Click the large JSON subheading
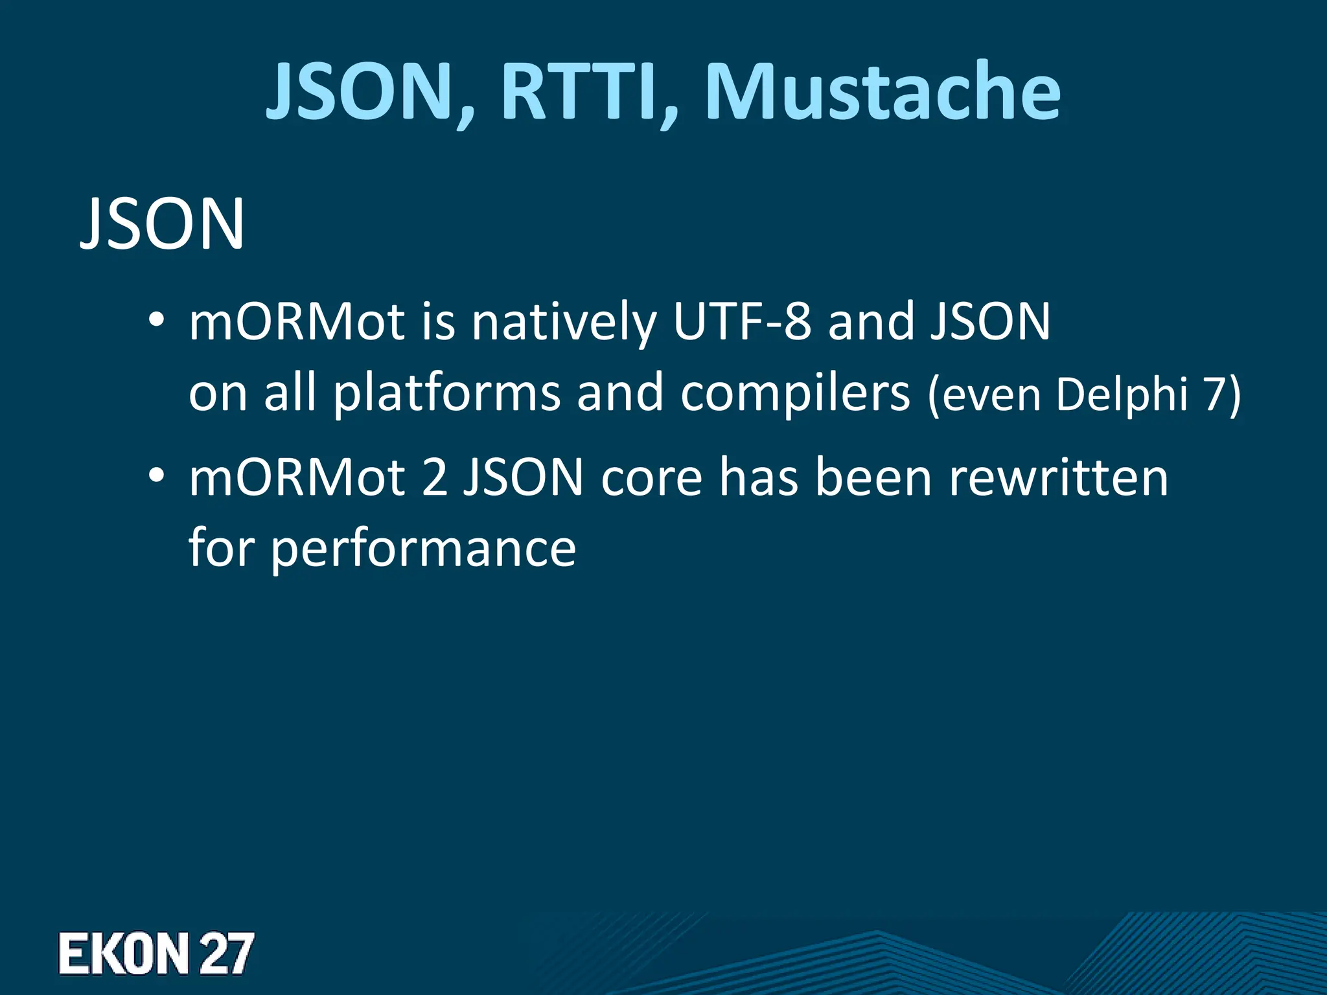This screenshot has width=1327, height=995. pyautogui.click(x=162, y=223)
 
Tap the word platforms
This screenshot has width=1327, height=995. pyautogui.click(x=447, y=393)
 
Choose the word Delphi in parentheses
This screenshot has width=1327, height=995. pyautogui.click(x=1122, y=394)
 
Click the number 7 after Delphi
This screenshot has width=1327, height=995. pyautogui.click(x=1216, y=394)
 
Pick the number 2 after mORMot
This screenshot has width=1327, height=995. pyautogui.click(x=435, y=477)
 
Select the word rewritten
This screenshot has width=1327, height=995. pyautogui.click(x=1059, y=477)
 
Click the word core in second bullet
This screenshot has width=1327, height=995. pyautogui.click(x=651, y=479)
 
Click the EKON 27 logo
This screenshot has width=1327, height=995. pyautogui.click(x=156, y=953)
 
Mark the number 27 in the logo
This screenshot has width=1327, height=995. pyautogui.click(x=226, y=953)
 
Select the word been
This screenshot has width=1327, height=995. pyautogui.click(x=873, y=477)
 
